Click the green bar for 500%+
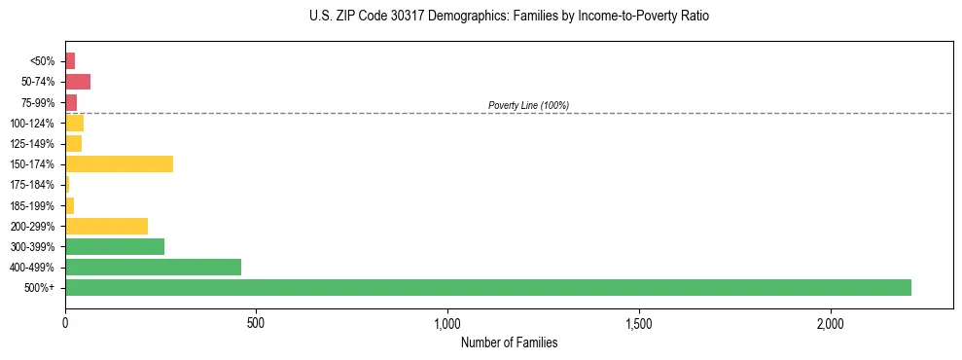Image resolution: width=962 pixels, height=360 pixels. (488, 287)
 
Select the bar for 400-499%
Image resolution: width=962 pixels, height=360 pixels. (153, 267)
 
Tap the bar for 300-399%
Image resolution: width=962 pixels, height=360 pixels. (115, 246)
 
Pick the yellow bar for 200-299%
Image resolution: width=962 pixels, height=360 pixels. (106, 226)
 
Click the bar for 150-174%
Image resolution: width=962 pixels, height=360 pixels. (119, 163)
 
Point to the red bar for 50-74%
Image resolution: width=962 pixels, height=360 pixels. (78, 81)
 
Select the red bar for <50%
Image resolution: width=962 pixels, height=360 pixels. (70, 60)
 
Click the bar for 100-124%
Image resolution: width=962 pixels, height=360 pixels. (74, 123)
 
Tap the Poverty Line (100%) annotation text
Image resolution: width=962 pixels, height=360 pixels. (528, 105)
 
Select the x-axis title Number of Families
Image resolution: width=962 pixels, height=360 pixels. (509, 342)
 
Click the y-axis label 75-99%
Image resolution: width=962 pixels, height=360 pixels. (40, 102)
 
